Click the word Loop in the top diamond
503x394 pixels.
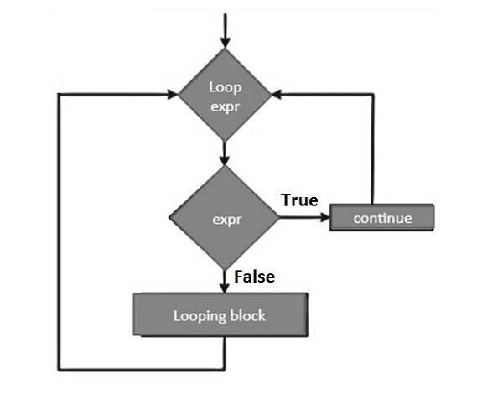point(225,86)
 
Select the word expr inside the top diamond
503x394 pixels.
point(225,103)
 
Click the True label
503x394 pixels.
point(298,200)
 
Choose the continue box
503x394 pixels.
point(382,218)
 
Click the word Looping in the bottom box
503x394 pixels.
point(196,316)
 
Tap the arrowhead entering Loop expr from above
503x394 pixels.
point(225,41)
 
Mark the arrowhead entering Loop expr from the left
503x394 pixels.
point(171,93)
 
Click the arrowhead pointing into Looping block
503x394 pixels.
point(225,288)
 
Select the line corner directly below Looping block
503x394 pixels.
point(225,369)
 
